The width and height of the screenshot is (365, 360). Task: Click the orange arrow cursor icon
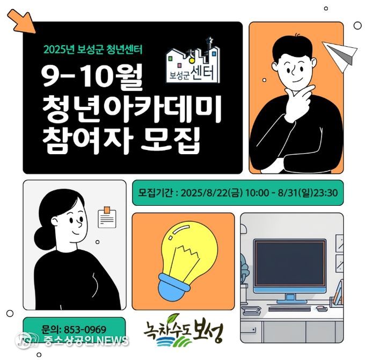22,21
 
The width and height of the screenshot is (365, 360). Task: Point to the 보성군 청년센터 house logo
193,61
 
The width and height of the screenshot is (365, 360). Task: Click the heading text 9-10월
92,77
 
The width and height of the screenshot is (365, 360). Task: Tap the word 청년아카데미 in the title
131,110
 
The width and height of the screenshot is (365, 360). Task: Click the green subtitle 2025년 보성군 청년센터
93,49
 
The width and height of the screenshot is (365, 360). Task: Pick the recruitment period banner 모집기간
238,193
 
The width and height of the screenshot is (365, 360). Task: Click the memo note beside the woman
107,218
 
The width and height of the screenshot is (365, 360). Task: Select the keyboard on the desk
289,309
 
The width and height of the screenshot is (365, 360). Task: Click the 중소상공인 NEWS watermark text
86,341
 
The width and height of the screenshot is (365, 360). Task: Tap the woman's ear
55,220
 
